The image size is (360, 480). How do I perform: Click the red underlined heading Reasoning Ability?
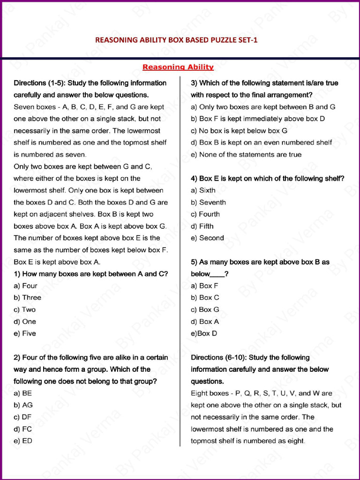[178, 67]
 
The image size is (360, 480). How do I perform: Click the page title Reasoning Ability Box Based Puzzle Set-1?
[176, 40]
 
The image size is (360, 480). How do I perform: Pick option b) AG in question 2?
[23, 405]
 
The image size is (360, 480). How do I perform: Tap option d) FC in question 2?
[23, 429]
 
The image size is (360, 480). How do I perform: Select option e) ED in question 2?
[23, 441]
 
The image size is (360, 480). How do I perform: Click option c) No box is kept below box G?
[239, 131]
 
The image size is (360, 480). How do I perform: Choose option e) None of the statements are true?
[246, 154]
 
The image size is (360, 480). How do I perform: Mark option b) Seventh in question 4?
[208, 202]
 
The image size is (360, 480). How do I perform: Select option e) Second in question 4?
[207, 238]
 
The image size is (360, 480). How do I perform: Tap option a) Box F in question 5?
[204, 285]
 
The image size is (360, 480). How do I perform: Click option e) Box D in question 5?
[204, 333]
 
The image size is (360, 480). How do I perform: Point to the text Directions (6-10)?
[220, 358]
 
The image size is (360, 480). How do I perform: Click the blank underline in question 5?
[217, 275]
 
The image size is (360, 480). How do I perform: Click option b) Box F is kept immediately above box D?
[257, 119]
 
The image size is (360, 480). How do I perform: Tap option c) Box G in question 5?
[205, 309]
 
